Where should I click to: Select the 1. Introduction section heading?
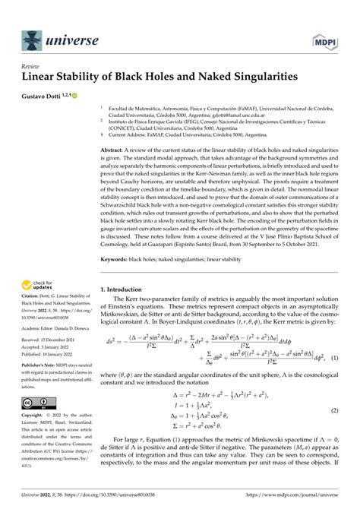point(126,289)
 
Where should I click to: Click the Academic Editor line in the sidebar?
point(52,340)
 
